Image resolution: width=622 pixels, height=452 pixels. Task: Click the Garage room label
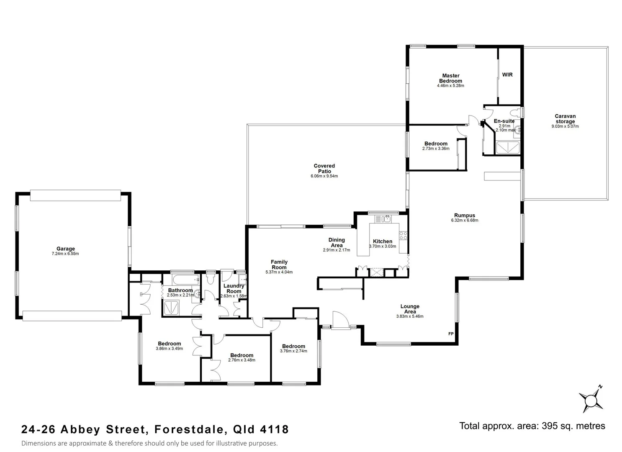[66, 249]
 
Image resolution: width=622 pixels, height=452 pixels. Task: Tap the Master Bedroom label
[450, 78]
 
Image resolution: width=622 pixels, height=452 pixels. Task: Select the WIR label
[507, 75]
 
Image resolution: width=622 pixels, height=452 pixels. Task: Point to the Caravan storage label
[565, 119]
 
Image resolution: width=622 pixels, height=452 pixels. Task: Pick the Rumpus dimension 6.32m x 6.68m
[464, 221]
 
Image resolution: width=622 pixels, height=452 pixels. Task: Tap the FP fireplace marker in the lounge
[451, 334]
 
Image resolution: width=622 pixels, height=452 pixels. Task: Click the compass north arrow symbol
[591, 400]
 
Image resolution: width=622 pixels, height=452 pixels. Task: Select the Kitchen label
[383, 241]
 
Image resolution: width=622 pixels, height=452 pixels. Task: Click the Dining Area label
[337, 242]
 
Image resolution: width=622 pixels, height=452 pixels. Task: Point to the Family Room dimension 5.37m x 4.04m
[279, 272]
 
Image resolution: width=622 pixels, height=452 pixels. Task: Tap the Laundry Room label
[234, 289]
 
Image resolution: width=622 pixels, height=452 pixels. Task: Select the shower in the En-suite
[507, 148]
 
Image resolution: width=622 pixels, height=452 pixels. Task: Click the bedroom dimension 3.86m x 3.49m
[169, 349]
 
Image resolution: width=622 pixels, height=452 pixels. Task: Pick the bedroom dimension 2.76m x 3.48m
[242, 360]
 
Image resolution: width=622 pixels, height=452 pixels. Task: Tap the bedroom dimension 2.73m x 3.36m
[436, 149]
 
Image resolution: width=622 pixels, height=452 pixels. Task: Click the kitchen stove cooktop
[403, 236]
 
